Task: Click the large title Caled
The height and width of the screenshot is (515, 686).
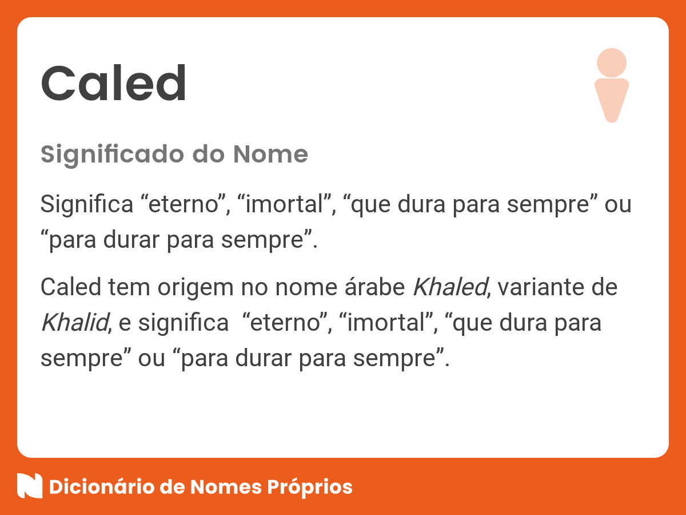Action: (x=114, y=84)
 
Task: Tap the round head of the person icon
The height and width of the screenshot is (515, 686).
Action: (x=611, y=62)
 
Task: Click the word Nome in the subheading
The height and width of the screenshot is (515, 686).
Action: (x=270, y=154)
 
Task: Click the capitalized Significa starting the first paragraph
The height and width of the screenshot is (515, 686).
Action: (x=86, y=204)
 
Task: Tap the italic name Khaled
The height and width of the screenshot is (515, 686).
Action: (x=449, y=287)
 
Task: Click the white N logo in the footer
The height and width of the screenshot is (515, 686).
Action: (x=30, y=486)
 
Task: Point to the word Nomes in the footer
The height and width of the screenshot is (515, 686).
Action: (x=225, y=487)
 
